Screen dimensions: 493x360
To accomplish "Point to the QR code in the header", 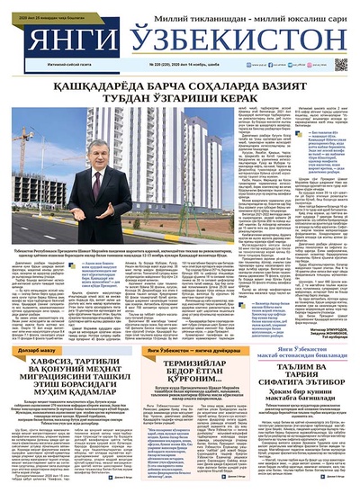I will (340, 65).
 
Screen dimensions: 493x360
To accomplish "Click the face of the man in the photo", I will (123, 157).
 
